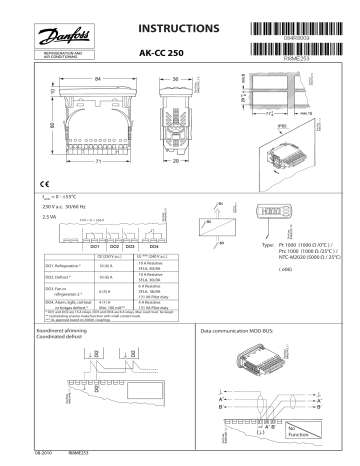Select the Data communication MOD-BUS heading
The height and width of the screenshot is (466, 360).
pyautogui.click(x=241, y=356)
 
